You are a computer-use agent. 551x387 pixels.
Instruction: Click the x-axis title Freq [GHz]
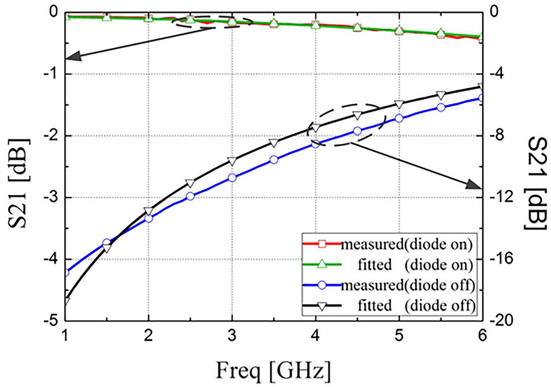273,370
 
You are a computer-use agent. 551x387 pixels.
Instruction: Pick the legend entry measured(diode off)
407,285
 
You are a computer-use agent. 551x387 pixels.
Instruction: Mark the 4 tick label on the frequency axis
315,335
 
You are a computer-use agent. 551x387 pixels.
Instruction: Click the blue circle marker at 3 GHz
232,178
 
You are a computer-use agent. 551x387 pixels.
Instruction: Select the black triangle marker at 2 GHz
148,211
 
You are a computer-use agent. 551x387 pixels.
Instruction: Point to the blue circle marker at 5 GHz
399,119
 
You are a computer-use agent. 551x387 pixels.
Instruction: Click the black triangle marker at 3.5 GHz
274,143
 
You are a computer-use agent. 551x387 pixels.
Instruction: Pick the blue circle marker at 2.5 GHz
190,196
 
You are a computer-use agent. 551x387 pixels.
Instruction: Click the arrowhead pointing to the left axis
73,57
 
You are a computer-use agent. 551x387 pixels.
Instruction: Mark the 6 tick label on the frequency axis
482,335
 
